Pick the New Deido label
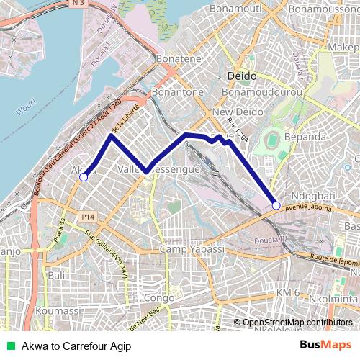231,112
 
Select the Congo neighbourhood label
159,297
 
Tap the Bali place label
55,276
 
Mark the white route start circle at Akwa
84,176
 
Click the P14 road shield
88,217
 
